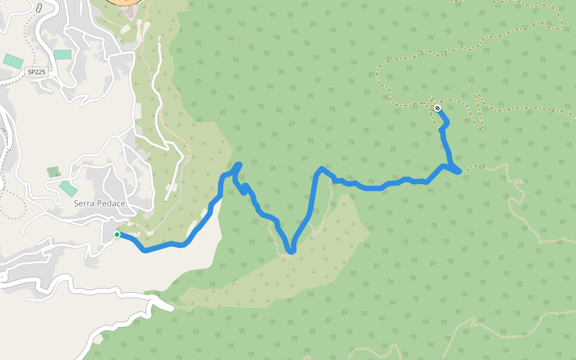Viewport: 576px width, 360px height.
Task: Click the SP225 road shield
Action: (x=37, y=71)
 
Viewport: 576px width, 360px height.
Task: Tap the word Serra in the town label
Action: (x=85, y=203)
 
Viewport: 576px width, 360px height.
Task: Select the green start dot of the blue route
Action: (x=117, y=235)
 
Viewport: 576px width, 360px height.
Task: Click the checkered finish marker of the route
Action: (x=438, y=108)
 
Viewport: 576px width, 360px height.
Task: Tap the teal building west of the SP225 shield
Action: (x=13, y=61)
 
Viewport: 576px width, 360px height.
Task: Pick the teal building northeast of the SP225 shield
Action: (x=62, y=54)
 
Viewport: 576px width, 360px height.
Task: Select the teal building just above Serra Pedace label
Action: (x=68, y=188)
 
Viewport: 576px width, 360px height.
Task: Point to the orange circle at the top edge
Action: (x=126, y=2)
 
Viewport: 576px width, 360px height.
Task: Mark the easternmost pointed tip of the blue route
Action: (x=460, y=172)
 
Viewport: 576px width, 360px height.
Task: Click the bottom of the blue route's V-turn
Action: (x=292, y=251)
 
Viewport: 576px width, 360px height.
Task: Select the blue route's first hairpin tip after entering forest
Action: (x=239, y=164)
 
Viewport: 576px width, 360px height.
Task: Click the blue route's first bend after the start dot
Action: (x=145, y=250)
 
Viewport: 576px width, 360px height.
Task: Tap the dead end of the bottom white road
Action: (x=172, y=308)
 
